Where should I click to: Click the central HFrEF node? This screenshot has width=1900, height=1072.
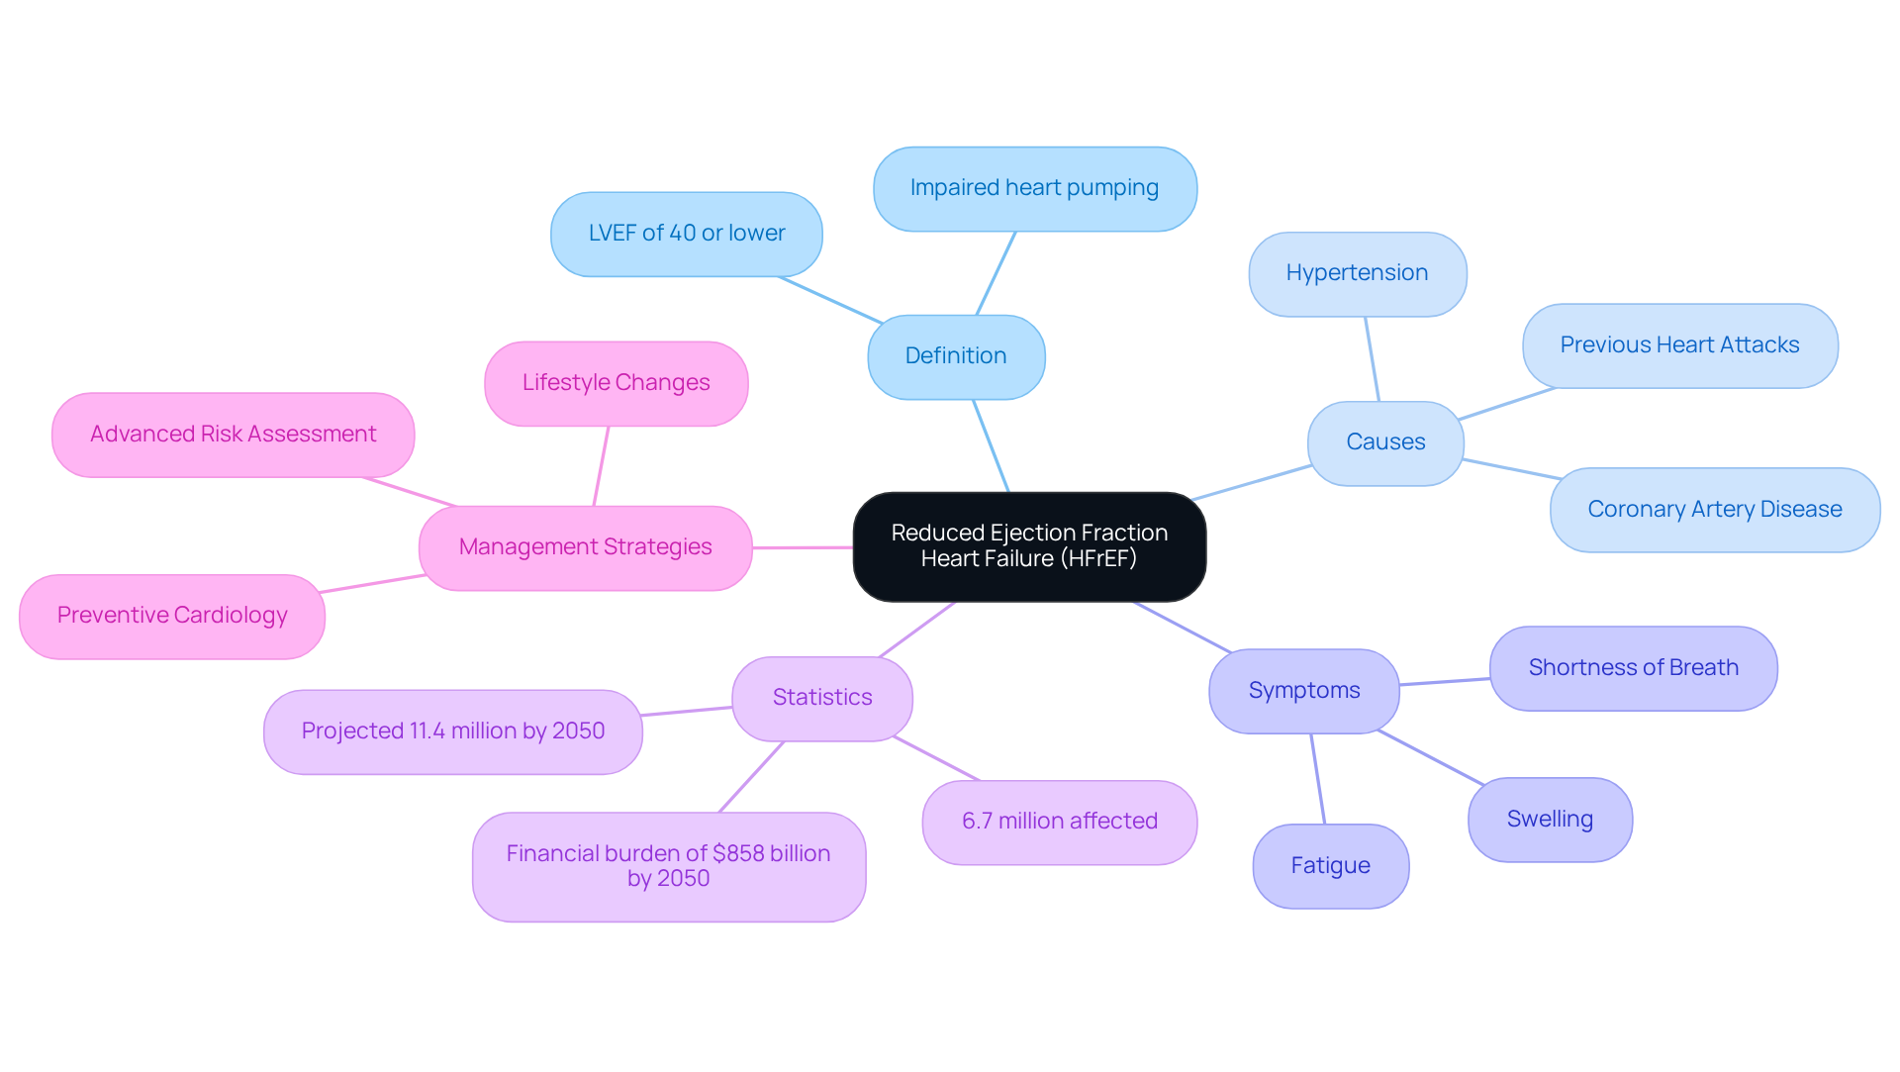[1029, 546]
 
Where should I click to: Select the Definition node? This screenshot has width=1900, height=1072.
[956, 356]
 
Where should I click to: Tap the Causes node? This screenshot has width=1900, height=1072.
[1385, 442]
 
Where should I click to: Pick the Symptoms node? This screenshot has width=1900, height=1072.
[1303, 691]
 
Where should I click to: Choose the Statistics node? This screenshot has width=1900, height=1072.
[822, 698]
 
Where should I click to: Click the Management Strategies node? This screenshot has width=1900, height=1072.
[585, 547]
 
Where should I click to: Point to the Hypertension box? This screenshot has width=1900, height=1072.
[1357, 273]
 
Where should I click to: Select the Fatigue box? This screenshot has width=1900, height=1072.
[1330, 866]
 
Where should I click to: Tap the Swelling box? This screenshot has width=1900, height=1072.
[1550, 820]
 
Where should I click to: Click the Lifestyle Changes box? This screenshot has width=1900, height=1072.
[616, 383]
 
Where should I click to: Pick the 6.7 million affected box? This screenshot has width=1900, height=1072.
[1059, 822]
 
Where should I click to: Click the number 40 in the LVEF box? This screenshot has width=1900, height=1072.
[683, 234]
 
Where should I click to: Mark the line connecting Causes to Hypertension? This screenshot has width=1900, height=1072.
[1372, 359]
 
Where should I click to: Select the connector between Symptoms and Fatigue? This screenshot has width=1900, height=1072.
[1317, 779]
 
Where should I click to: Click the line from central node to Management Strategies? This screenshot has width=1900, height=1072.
[803, 547]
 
